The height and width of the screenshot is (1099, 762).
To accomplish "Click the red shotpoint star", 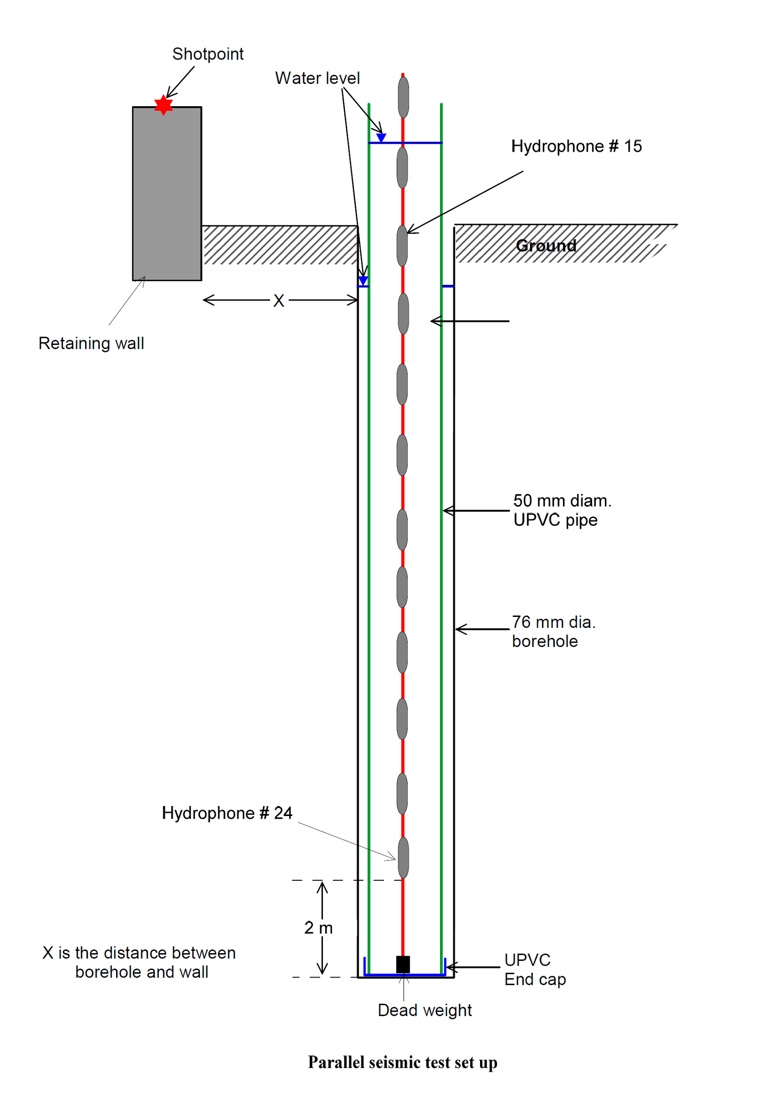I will point(163,105).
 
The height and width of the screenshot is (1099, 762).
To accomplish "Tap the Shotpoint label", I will point(208,54).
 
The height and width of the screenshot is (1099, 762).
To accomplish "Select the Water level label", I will point(317,78).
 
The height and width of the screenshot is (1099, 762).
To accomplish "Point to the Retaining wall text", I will point(91,343).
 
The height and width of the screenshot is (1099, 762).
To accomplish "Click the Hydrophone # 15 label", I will point(576,146).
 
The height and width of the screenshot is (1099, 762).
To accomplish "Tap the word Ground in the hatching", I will point(546,245).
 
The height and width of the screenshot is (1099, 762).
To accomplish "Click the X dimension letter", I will point(279,301).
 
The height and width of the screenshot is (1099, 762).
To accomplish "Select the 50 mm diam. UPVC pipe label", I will point(561,510).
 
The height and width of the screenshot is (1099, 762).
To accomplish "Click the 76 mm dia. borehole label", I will point(553,631).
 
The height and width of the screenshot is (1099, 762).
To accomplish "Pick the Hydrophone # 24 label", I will point(227,813).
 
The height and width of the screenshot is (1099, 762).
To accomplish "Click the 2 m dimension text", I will point(318,928).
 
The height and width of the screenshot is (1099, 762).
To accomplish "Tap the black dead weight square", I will point(403,964).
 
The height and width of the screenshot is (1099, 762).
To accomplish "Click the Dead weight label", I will point(424,1010).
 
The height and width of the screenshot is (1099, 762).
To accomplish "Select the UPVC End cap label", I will point(535,969).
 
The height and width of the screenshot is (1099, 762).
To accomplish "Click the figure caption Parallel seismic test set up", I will point(402,1062).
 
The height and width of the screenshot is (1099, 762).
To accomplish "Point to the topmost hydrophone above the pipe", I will point(403,98).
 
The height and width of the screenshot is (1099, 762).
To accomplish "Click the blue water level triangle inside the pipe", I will point(381,138).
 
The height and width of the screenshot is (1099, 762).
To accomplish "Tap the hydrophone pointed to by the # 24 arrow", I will point(403,858).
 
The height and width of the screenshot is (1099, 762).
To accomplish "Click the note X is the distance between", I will point(139,953).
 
